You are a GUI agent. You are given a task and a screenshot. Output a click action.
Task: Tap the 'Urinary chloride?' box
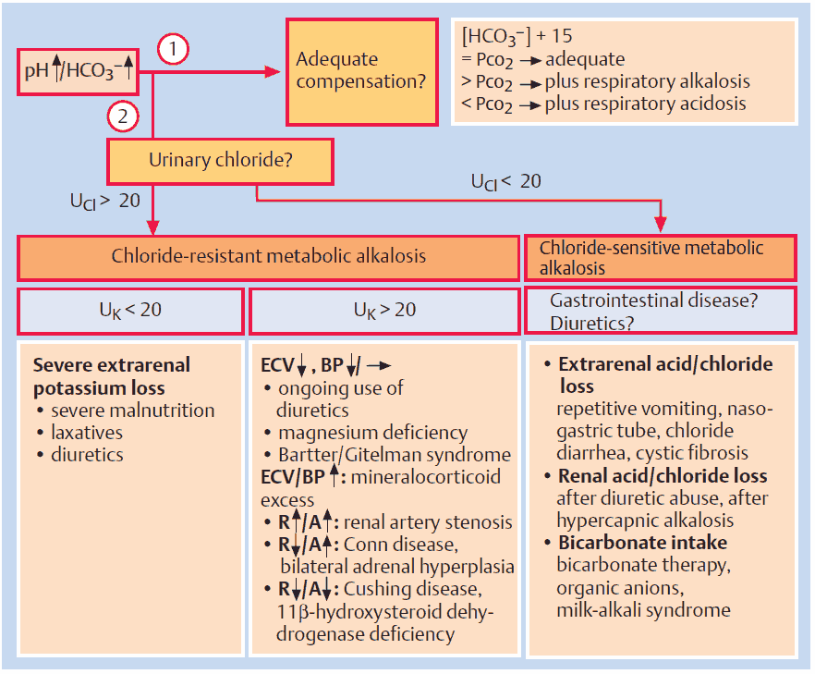click(221, 161)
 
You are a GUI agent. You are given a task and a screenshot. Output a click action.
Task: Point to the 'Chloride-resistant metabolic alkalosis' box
click(268, 256)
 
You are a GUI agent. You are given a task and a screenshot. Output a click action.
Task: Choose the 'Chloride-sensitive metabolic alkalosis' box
click(660, 257)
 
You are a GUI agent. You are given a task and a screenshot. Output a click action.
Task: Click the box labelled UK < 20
click(130, 310)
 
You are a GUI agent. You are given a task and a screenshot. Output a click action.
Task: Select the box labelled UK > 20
click(383, 310)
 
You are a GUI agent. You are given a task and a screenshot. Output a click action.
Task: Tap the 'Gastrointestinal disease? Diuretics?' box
click(660, 311)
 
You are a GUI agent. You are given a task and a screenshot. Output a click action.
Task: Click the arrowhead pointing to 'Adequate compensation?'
click(272, 72)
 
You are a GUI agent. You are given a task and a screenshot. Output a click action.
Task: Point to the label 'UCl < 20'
click(505, 181)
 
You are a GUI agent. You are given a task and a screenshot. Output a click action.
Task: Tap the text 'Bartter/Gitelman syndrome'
click(394, 454)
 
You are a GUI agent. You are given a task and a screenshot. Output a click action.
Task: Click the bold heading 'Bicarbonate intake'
click(642, 542)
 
